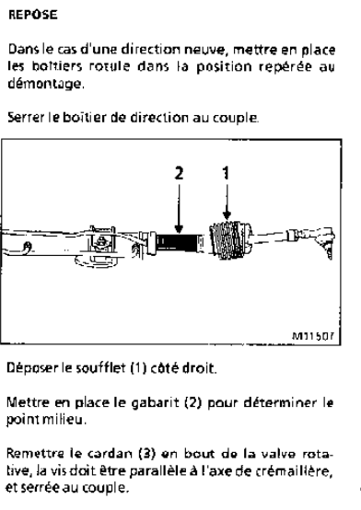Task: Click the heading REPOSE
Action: click(x=33, y=15)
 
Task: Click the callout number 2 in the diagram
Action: click(x=179, y=173)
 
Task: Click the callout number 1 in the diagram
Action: click(x=227, y=173)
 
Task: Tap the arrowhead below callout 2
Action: click(x=179, y=228)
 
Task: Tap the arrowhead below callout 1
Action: click(x=227, y=214)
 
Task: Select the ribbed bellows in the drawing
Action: click(x=230, y=240)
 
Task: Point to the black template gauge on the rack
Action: click(x=177, y=242)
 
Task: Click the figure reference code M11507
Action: click(x=313, y=336)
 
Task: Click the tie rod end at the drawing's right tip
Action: click(x=322, y=239)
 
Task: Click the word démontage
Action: click(x=45, y=84)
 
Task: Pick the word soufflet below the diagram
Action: click(x=100, y=368)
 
